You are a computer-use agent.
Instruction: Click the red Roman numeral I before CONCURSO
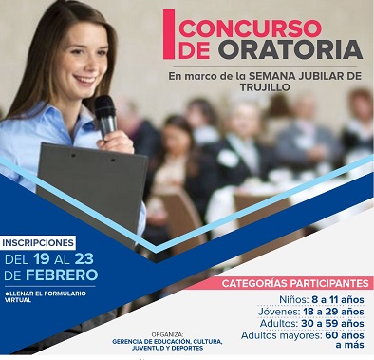coord(169,35)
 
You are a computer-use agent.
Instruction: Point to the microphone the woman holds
coord(105,111)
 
